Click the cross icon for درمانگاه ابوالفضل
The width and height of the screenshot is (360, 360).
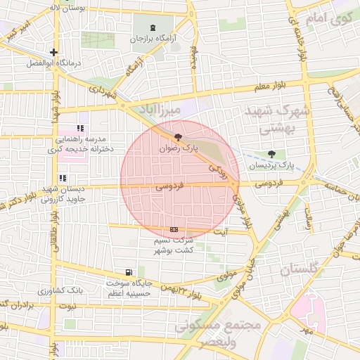54,52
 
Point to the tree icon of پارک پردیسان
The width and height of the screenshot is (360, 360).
272,154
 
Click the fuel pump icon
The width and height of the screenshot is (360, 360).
127,272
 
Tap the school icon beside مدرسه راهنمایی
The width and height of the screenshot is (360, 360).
80,129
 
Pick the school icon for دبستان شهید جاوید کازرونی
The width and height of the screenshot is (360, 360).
62,179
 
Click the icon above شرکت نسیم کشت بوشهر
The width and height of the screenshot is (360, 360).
174,230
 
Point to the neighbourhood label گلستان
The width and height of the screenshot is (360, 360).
299,269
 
